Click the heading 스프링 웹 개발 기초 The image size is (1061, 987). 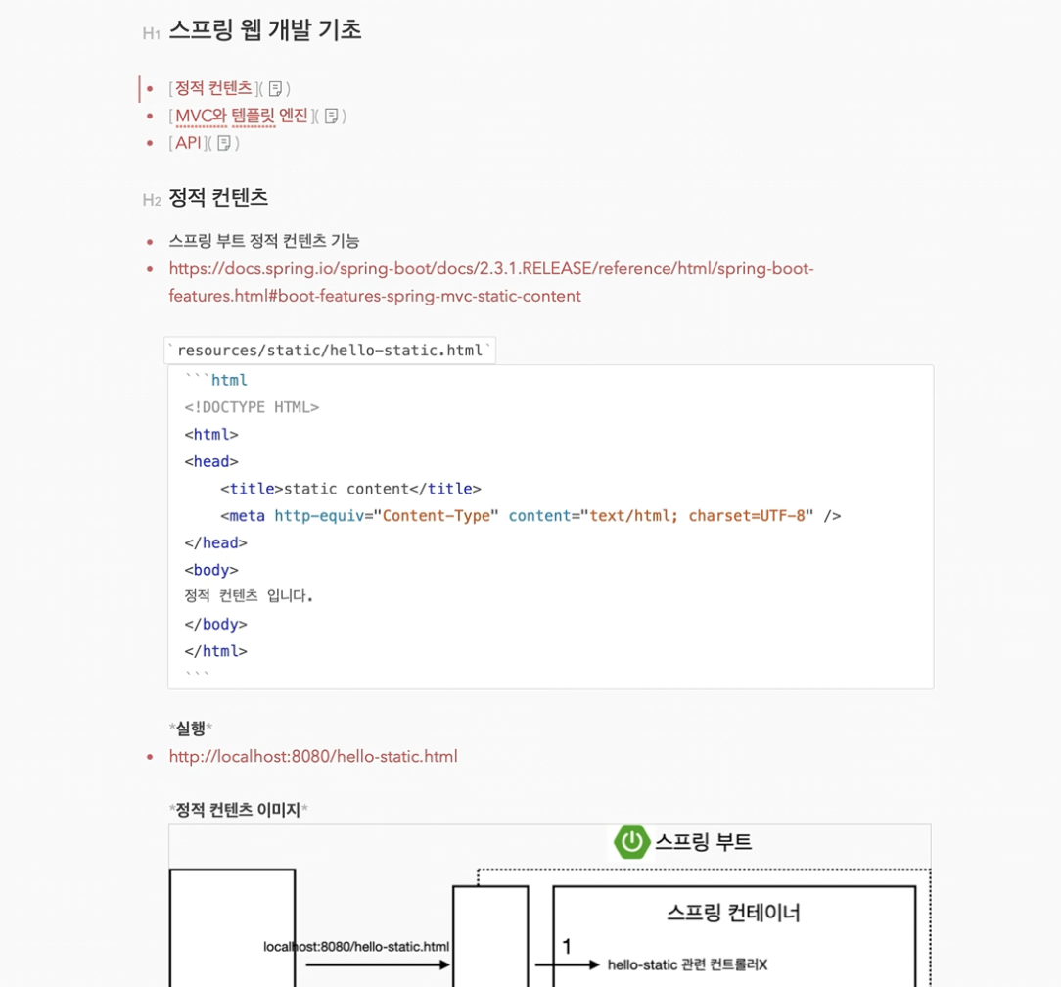pos(264,30)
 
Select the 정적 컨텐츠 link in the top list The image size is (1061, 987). pos(213,88)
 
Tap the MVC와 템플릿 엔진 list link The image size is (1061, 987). pos(241,116)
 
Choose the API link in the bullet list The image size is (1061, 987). pos(188,143)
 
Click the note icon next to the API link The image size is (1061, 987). pos(224,143)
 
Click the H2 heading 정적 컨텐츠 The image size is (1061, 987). pos(218,198)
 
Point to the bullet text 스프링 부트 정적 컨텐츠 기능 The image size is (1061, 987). pos(264,241)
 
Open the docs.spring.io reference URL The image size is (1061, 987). pos(490,269)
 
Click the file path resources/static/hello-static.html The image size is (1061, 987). pos(330,351)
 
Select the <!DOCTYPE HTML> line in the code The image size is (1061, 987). pos(252,407)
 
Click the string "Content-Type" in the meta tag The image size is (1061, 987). pos(437,516)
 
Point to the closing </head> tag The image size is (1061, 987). pos(215,543)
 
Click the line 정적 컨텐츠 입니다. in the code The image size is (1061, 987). pos(249,596)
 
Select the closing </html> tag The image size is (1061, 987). pos(215,651)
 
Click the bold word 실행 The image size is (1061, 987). pos(191,728)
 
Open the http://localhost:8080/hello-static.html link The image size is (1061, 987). pos(313,757)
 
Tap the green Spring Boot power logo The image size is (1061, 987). pos(632,842)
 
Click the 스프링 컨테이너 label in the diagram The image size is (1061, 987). pos(733,913)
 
